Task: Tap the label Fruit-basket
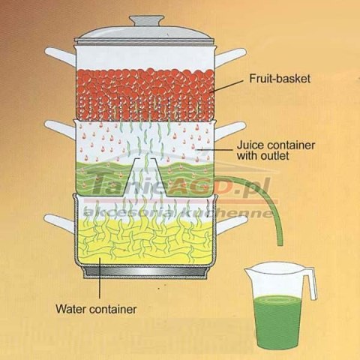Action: pyautogui.click(x=280, y=79)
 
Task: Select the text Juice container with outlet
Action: pyautogui.click(x=276, y=150)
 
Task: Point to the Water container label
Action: pyautogui.click(x=96, y=309)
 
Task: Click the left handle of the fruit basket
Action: pyautogui.click(x=60, y=56)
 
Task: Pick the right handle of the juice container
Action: pyautogui.click(x=230, y=130)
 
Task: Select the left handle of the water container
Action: pyautogui.click(x=59, y=223)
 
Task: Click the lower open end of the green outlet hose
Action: pyautogui.click(x=280, y=244)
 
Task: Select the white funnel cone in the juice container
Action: pyautogui.click(x=145, y=177)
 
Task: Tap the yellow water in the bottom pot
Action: pyautogui.click(x=145, y=240)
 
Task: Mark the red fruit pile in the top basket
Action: pyautogui.click(x=145, y=94)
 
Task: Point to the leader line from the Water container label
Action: pyautogui.click(x=100, y=278)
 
